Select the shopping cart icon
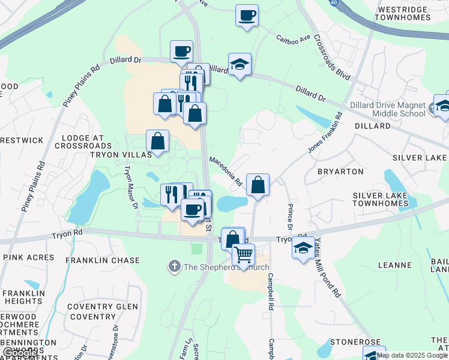point(243,254)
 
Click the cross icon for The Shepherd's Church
point(174,266)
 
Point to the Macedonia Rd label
point(225,171)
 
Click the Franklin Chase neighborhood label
point(103,261)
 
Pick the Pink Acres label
point(29,257)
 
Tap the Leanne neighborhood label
point(395,265)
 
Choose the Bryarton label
point(340,172)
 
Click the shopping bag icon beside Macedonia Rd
point(258,185)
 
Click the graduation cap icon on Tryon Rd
point(303,247)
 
